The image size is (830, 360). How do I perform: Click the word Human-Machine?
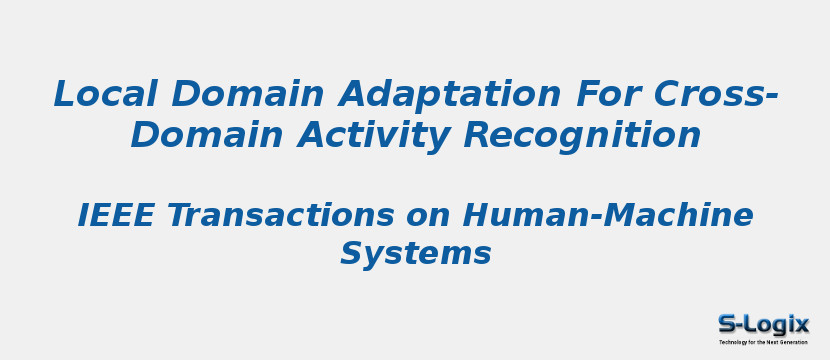point(607,215)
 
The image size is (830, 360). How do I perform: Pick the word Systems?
point(415,254)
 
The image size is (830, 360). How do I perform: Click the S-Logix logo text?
point(763,324)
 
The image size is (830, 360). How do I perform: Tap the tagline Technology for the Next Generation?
point(763,342)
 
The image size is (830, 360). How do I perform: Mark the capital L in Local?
point(65,94)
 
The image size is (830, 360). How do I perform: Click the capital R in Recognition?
point(477,135)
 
